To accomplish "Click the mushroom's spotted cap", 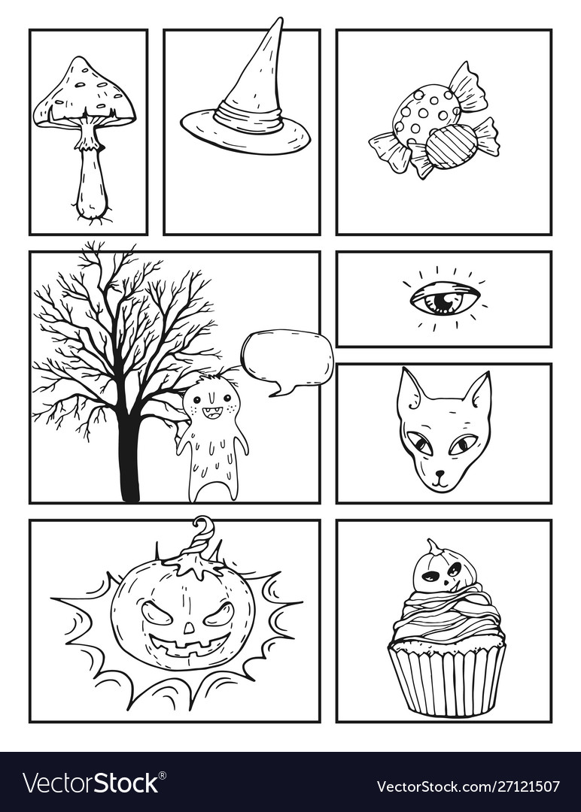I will coord(84,90).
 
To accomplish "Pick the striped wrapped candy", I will coord(452,146).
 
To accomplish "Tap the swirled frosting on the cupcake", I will coord(446,613).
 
